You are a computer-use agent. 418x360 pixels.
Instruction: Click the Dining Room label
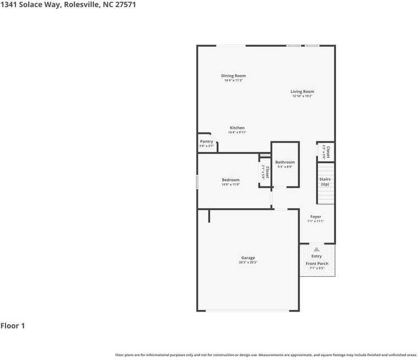233,76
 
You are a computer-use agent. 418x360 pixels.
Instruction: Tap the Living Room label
302,91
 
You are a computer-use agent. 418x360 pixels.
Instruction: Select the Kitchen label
237,128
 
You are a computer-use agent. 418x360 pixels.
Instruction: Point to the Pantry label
206,141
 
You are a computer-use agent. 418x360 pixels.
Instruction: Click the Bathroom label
285,162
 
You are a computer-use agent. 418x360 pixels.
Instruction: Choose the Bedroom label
230,180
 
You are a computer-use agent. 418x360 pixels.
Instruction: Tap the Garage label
248,258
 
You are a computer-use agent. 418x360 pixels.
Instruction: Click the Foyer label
316,217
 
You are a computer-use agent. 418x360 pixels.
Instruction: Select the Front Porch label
317,264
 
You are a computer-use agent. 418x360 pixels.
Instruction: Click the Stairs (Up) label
324,182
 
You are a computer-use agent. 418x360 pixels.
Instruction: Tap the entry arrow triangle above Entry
316,249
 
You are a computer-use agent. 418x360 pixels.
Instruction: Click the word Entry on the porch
317,257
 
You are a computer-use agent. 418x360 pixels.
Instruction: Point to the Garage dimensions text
248,263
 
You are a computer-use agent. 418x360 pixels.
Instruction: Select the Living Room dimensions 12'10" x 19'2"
302,96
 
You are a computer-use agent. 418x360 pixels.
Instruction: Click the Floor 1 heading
13,326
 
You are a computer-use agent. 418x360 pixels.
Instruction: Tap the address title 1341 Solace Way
68,4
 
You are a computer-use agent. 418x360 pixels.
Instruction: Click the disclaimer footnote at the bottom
266,355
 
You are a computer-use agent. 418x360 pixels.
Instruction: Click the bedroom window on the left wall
197,182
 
